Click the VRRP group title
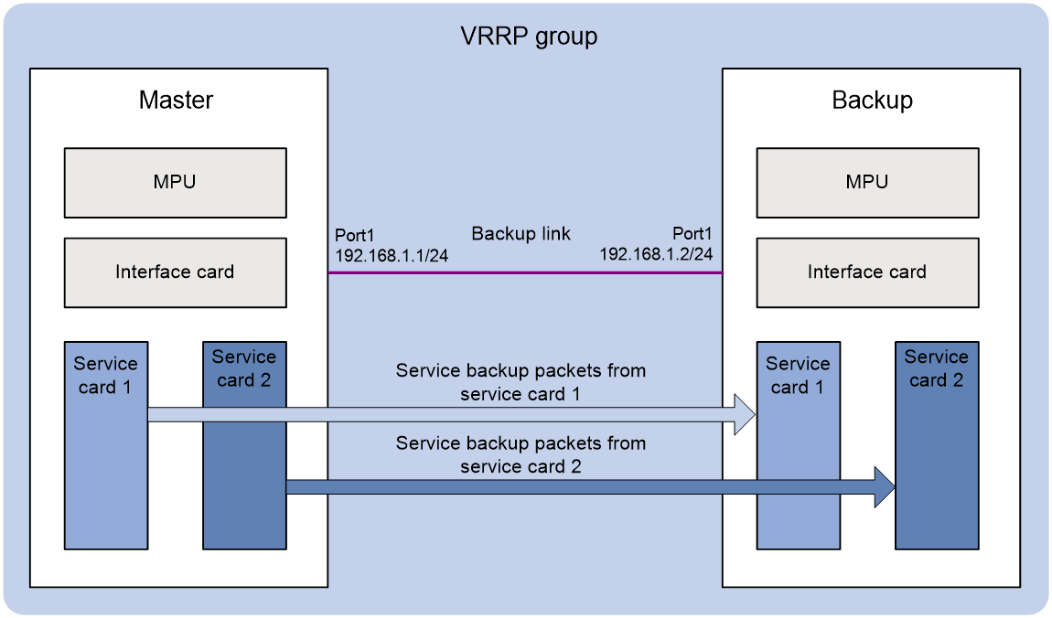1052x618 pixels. (x=529, y=37)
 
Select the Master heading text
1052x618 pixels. (x=176, y=100)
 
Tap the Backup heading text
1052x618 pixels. (x=872, y=100)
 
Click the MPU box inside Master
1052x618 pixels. (x=175, y=183)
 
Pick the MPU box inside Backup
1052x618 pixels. (x=867, y=183)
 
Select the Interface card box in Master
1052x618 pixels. (x=175, y=272)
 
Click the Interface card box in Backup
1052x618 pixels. (x=867, y=272)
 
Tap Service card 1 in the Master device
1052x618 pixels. (x=106, y=446)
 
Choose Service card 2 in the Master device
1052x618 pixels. (x=245, y=446)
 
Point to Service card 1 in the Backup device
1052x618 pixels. (x=799, y=446)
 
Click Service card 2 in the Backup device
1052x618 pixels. (x=937, y=446)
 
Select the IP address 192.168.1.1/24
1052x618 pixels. (x=392, y=255)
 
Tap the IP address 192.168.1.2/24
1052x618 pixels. (x=656, y=254)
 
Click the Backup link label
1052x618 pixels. (x=521, y=233)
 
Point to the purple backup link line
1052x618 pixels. (x=525, y=272)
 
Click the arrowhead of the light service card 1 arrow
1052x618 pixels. (x=746, y=415)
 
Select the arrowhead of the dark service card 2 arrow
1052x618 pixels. (x=885, y=486)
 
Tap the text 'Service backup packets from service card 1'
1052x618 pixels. (x=521, y=382)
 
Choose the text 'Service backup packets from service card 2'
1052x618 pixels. (x=521, y=454)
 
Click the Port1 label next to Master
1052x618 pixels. (x=354, y=235)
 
